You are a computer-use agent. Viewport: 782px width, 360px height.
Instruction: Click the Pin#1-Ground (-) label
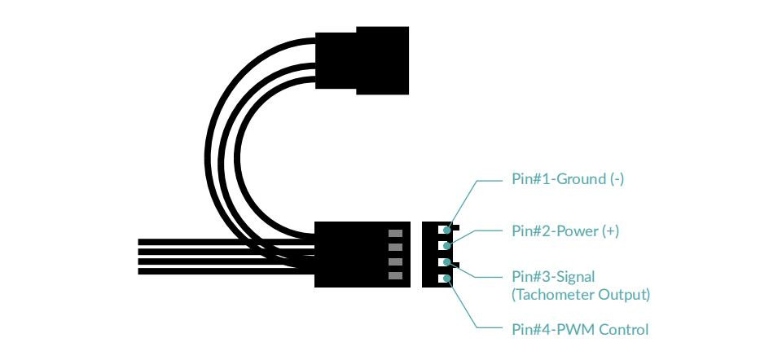coord(568,179)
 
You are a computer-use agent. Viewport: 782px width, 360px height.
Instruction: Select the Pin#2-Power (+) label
coord(565,231)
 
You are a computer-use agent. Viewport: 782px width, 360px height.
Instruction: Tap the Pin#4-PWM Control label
coord(580,330)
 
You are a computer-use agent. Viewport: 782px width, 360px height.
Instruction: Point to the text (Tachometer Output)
coord(581,295)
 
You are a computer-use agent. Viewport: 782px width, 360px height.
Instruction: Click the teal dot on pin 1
coord(447,230)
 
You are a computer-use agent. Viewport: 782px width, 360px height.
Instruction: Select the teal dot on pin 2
coord(447,246)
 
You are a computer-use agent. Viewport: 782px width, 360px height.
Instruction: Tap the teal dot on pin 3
coord(447,262)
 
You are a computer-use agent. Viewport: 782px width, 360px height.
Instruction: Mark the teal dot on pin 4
coord(447,279)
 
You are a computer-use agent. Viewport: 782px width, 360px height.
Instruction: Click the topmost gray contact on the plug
coord(395,233)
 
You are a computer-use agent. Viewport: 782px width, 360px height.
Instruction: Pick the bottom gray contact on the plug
coord(395,276)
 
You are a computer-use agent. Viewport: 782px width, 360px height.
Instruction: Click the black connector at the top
coord(362,60)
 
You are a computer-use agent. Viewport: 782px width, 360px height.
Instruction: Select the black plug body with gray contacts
coord(362,254)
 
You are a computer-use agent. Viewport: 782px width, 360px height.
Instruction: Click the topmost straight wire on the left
coord(226,243)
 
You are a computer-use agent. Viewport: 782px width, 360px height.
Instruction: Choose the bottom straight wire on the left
coord(226,271)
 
